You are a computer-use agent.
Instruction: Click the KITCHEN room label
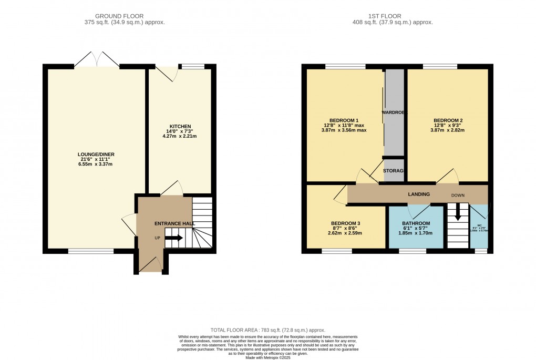coord(180,127)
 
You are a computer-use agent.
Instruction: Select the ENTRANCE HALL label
coord(174,223)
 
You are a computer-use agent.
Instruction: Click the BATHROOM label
coord(416,223)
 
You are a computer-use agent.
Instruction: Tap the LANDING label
coord(419,194)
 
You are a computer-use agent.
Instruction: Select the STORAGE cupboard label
coord(393,171)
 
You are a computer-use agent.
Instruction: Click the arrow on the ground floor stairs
coord(174,238)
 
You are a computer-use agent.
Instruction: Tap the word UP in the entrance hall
coord(157,238)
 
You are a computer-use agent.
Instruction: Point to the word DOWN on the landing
coord(458,196)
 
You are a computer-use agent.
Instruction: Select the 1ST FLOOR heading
coord(392,16)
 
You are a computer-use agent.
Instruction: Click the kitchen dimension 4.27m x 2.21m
coord(180,136)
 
